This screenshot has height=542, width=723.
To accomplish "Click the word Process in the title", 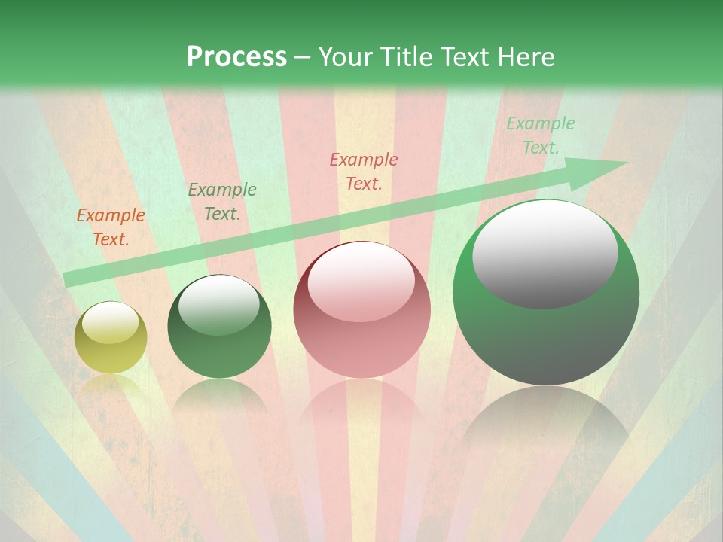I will pyautogui.click(x=236, y=57).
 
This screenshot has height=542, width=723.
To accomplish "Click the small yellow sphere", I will pyautogui.click(x=111, y=338).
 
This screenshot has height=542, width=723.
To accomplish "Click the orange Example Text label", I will pyautogui.click(x=111, y=227).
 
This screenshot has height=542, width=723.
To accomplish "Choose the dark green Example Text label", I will pyautogui.click(x=222, y=201).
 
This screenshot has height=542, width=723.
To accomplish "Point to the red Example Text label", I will pyautogui.click(x=364, y=171).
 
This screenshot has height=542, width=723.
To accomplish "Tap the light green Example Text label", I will pyautogui.click(x=540, y=135).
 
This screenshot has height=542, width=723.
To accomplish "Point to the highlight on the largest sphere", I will pyautogui.click(x=545, y=254).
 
